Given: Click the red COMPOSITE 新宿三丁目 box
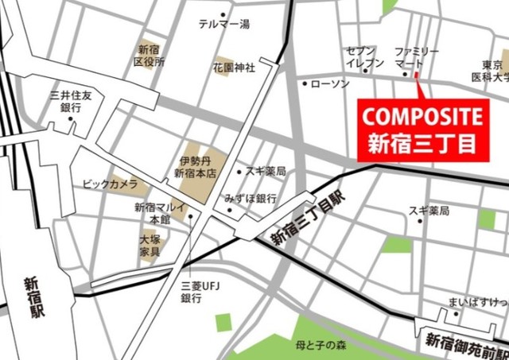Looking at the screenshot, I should coord(422,130).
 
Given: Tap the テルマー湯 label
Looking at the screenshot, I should coord(223,25).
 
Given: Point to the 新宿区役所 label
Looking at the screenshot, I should coord(150,55).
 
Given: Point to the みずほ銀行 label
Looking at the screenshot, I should coord(251,198).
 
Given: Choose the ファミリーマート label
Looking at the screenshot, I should coord(416,57).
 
